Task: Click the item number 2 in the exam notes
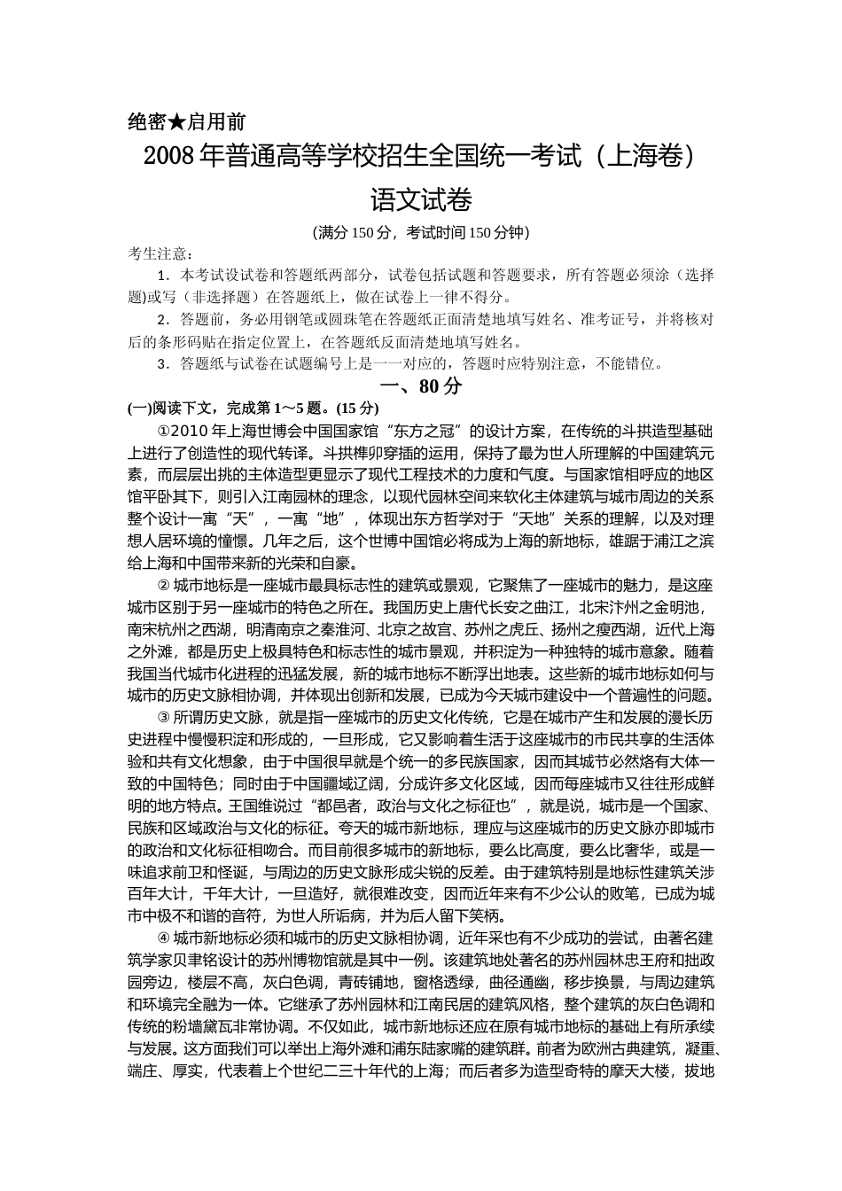(x=160, y=319)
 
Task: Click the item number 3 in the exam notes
(x=160, y=363)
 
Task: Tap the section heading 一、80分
(x=421, y=386)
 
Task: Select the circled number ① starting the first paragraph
(x=162, y=431)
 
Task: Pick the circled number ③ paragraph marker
(x=162, y=717)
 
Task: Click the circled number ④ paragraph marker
(x=162, y=938)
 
